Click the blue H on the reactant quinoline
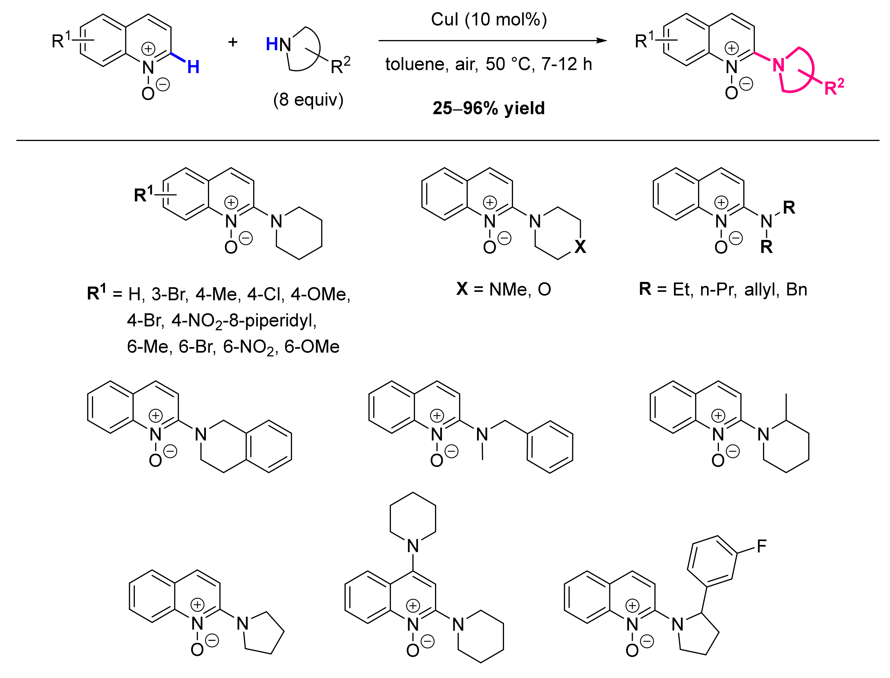(x=193, y=67)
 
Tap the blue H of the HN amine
(x=272, y=44)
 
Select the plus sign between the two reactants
(x=233, y=42)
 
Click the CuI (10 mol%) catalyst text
(x=489, y=19)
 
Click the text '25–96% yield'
(x=489, y=108)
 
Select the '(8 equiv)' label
(x=308, y=100)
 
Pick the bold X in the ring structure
(x=580, y=247)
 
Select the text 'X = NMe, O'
(x=503, y=289)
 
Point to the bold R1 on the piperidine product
(x=144, y=194)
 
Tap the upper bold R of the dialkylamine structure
(x=789, y=208)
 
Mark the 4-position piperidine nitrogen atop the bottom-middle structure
(x=413, y=546)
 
